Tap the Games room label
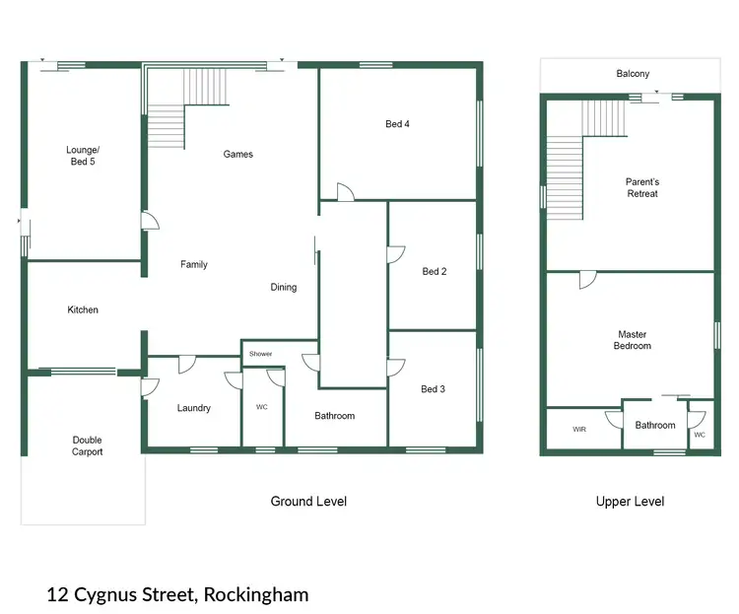point(238,154)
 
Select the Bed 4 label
point(397,124)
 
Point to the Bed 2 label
point(435,271)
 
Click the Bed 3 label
point(434,388)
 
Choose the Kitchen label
point(83,309)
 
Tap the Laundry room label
point(194,408)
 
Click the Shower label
point(260,354)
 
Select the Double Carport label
point(87,445)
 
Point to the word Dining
point(284,288)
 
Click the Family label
point(194,264)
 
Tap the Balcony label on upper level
point(633,74)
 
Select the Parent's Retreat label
point(641,187)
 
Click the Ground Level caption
point(308,502)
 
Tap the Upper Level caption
point(630,502)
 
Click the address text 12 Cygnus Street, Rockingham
point(177,594)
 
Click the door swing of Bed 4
point(345,191)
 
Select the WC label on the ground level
point(261,407)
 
